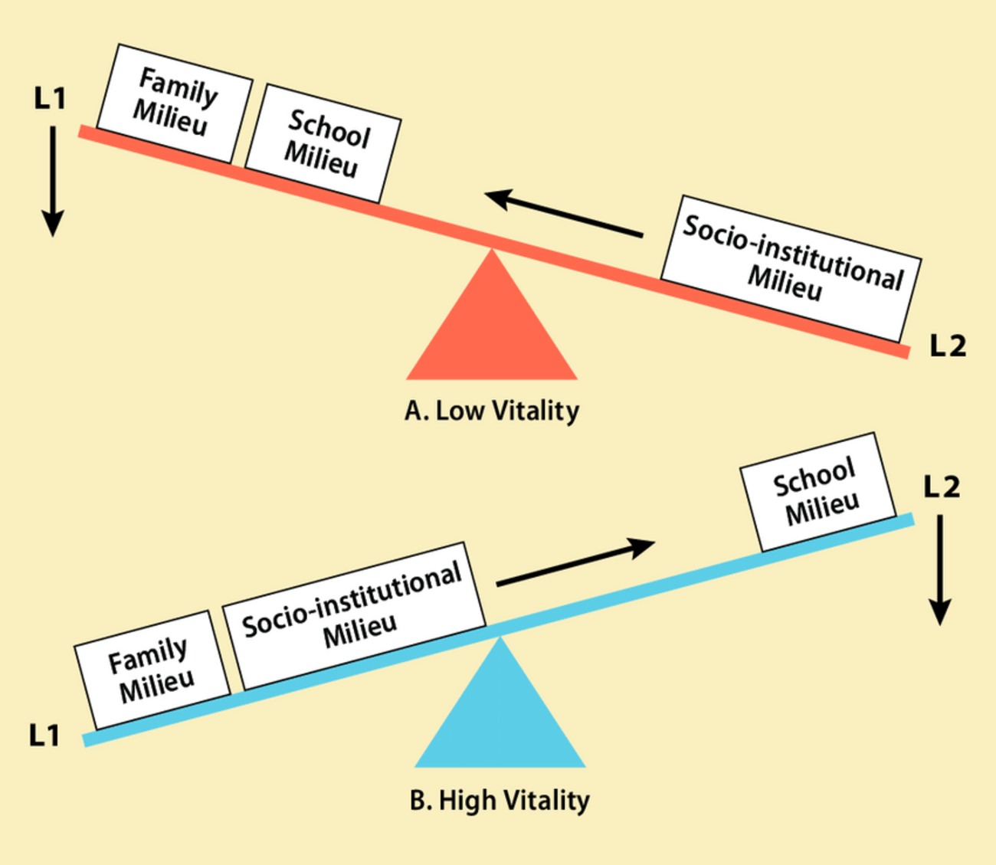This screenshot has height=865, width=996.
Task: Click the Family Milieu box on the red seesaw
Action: (x=175, y=103)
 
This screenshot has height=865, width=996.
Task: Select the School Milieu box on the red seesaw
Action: (x=323, y=143)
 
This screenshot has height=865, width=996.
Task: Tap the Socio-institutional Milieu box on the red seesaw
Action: (x=791, y=267)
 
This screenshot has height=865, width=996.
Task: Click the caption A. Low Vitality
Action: (x=492, y=411)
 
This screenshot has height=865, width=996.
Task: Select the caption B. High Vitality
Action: (x=500, y=801)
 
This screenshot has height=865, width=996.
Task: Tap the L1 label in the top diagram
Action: (x=51, y=98)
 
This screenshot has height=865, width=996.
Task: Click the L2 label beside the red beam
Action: (x=948, y=346)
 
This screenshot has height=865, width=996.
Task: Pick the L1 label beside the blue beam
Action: (x=44, y=736)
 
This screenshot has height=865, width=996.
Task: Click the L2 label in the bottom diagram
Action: (x=942, y=487)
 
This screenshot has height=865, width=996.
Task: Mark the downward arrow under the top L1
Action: (x=52, y=181)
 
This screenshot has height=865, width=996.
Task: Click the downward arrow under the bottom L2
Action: (x=940, y=569)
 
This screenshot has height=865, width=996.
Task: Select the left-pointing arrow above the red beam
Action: (x=565, y=214)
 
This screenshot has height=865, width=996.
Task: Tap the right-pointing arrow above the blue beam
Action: (x=575, y=563)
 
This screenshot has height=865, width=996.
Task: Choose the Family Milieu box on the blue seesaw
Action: (x=152, y=668)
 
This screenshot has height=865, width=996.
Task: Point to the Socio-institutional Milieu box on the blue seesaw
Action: (x=355, y=614)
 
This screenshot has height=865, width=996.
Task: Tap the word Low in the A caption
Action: (x=460, y=411)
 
